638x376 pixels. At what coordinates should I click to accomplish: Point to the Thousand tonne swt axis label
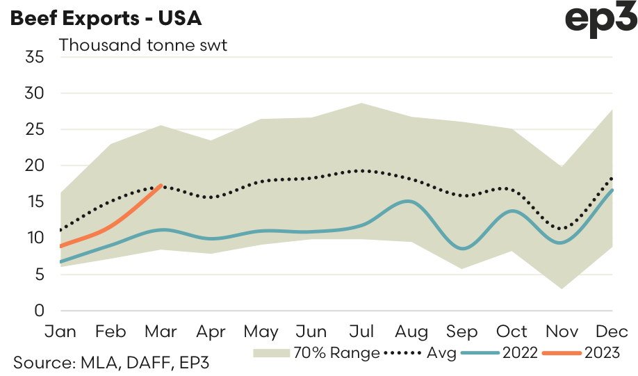[144, 45]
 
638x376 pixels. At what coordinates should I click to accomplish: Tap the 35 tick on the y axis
[34, 57]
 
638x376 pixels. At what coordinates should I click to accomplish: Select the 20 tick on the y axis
[34, 165]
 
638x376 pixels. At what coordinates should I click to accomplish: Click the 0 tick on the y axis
[39, 311]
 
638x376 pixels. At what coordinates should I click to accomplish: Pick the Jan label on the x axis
[60, 331]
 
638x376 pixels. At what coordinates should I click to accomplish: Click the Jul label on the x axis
[360, 331]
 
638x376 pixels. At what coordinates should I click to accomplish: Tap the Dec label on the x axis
[612, 331]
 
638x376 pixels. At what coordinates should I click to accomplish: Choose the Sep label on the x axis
[461, 331]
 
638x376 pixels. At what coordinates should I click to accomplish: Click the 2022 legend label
[519, 353]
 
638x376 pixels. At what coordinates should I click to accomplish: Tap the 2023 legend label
[600, 353]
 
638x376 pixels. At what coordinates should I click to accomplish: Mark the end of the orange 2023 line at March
[161, 185]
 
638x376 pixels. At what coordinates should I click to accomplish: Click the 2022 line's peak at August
[410, 202]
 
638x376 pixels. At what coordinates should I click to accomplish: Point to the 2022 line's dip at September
[461, 248]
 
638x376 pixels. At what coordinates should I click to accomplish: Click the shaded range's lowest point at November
[562, 288]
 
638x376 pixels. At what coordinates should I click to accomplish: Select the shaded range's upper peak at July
[361, 104]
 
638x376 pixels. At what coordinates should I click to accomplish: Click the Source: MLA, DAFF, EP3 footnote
[111, 362]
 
